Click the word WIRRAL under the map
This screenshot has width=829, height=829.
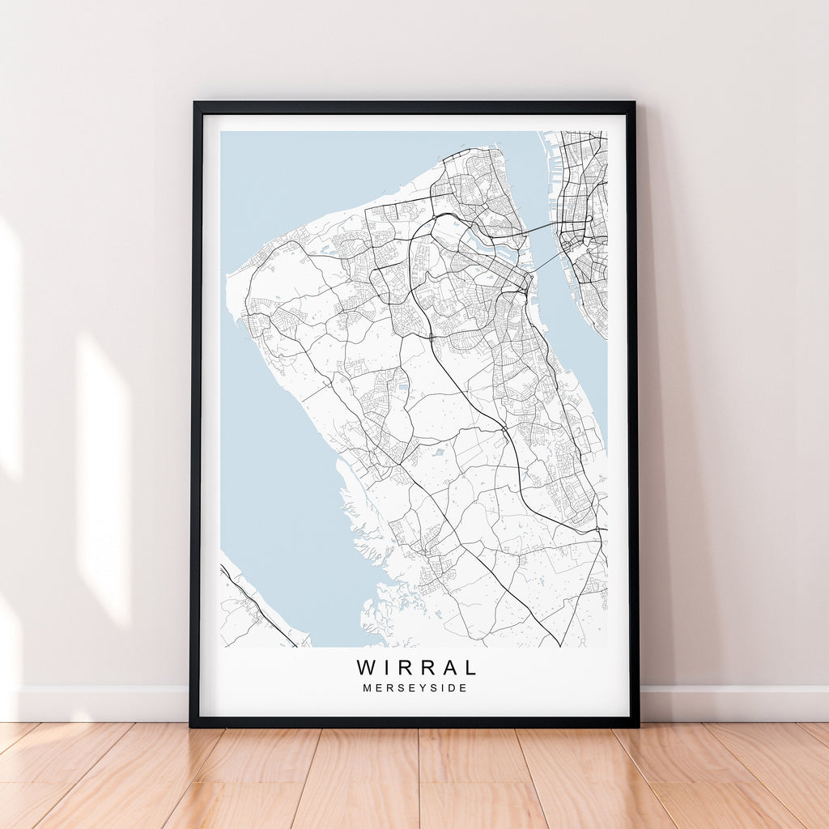coord(416,668)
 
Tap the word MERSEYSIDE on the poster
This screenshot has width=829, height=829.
coord(416,688)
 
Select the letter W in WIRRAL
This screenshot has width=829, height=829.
coord(366,668)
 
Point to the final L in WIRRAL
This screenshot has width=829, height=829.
coord(470,668)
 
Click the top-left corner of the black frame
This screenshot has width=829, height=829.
coord(195,104)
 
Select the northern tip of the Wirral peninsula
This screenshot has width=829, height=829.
coord(486,150)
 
